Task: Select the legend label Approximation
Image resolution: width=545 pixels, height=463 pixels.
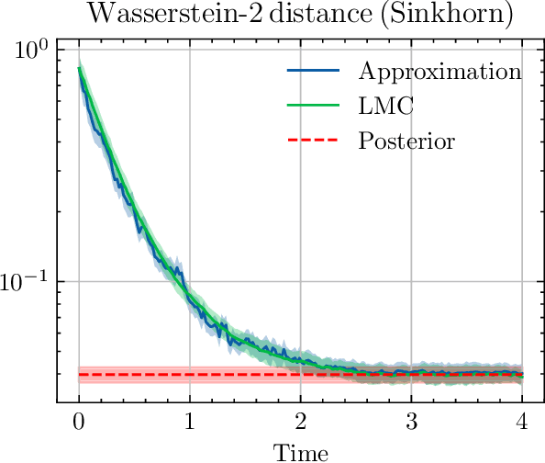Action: [x=440, y=72]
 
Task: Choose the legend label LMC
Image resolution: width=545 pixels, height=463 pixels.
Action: [x=386, y=107]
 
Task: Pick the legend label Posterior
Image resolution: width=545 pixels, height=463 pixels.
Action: [x=406, y=141]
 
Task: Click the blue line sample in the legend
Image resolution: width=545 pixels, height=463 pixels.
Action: [x=313, y=72]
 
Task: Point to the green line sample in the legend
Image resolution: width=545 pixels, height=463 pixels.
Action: [x=313, y=107]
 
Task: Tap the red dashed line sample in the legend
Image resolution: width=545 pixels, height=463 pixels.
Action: [x=313, y=141]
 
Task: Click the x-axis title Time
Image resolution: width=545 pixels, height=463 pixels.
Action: [x=301, y=452]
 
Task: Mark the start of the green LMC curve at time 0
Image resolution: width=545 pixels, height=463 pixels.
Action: [x=80, y=67]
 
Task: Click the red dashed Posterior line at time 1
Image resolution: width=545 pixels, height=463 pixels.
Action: [x=190, y=375]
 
